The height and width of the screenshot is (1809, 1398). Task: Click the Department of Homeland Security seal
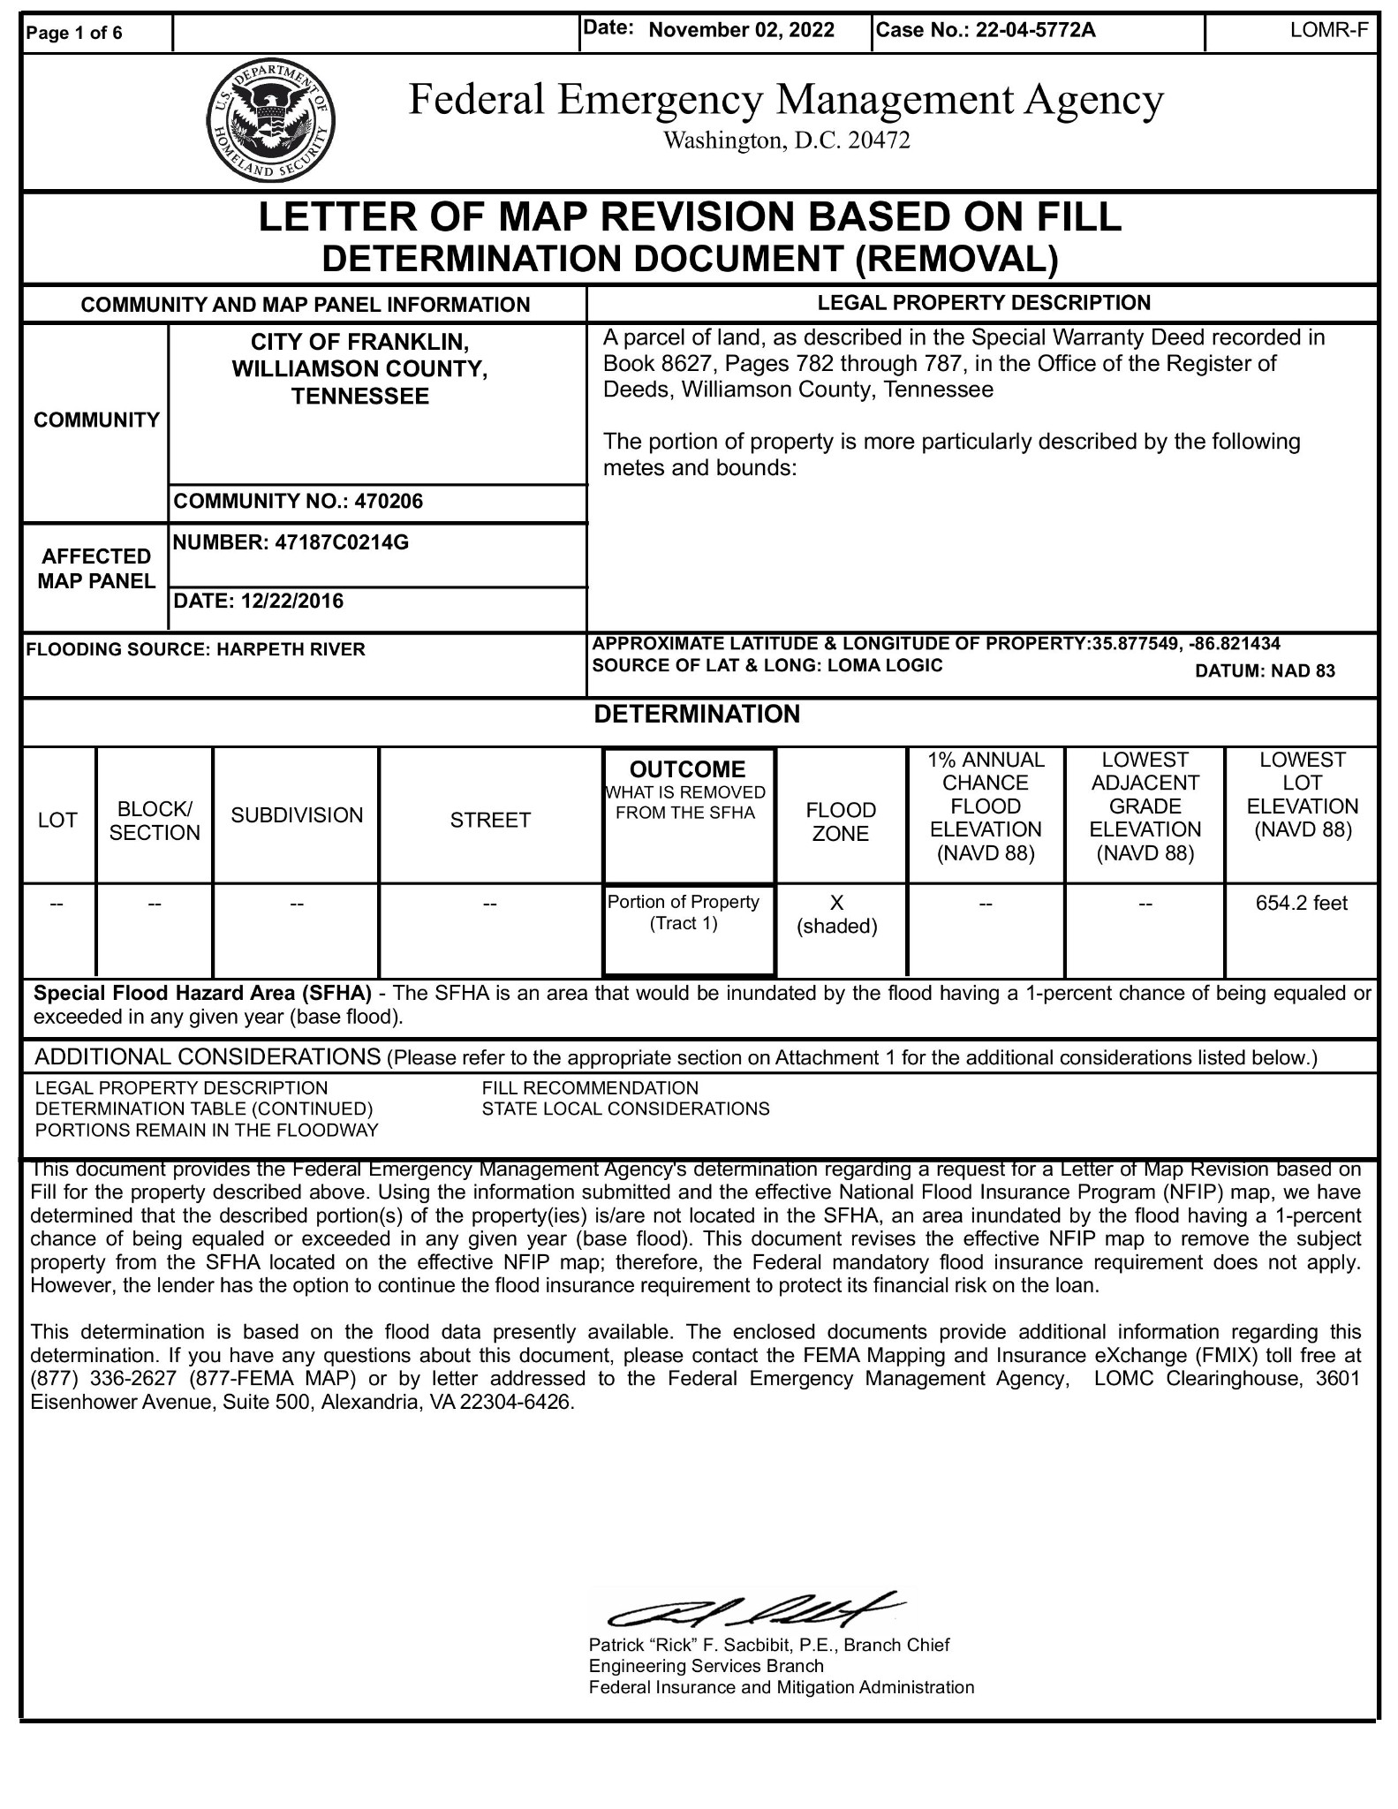click(270, 122)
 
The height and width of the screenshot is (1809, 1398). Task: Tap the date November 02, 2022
click(741, 31)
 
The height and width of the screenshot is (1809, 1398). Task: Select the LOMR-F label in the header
click(1328, 31)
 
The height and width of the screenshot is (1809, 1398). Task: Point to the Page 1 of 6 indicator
click(75, 34)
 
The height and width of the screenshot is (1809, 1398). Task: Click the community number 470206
click(389, 502)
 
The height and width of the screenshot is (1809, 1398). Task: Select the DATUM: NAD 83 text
click(1264, 671)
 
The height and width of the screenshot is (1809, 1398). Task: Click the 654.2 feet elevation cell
click(1301, 903)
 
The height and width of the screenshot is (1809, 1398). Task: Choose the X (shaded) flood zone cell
click(837, 914)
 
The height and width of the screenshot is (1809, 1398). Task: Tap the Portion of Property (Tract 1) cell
click(684, 913)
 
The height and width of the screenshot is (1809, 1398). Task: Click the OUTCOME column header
click(687, 769)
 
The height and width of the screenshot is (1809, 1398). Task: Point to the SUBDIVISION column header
click(297, 815)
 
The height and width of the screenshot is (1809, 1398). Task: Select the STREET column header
click(490, 821)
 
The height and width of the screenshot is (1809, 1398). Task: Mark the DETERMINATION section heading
click(697, 715)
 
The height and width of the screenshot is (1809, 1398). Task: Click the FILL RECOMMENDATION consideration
click(590, 1088)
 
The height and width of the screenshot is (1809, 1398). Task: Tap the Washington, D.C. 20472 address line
click(786, 140)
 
